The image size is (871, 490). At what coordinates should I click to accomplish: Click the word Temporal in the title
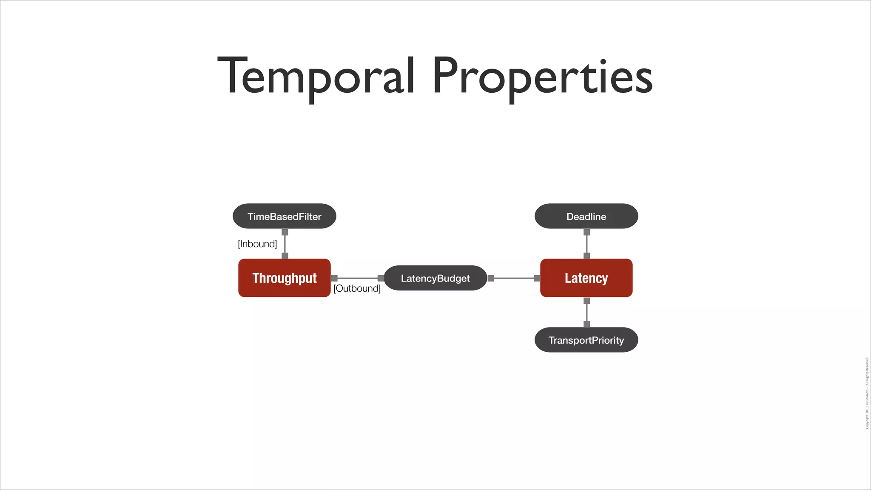[316, 77]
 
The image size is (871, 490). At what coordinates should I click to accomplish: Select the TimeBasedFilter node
[284, 216]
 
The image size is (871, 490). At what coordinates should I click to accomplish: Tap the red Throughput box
[284, 278]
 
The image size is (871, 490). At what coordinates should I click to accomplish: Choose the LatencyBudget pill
[435, 278]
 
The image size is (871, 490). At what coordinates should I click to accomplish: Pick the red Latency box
[586, 278]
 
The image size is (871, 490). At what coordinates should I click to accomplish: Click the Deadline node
[586, 216]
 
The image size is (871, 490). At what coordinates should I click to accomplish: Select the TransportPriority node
[586, 340]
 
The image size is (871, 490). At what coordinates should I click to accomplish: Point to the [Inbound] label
[257, 244]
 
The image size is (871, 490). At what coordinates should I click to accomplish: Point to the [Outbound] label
[357, 288]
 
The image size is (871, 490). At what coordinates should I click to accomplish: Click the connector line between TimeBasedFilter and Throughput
[285, 244]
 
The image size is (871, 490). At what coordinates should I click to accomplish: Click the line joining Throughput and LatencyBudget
[357, 278]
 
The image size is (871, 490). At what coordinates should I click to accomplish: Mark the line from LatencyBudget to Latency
[514, 278]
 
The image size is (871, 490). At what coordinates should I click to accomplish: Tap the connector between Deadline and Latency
[587, 244]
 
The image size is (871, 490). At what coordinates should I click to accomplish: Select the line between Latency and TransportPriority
[587, 313]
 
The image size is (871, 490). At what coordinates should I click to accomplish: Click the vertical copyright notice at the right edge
[867, 392]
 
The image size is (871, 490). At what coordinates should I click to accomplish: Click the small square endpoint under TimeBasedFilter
[285, 232]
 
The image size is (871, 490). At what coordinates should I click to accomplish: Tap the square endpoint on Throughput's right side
[334, 278]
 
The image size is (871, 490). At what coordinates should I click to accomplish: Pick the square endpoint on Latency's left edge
[537, 278]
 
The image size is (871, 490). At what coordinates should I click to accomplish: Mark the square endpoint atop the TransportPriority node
[587, 324]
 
